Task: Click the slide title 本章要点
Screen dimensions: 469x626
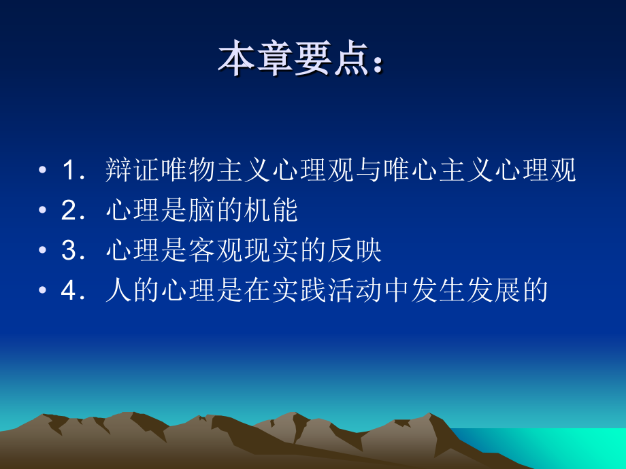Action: point(293,60)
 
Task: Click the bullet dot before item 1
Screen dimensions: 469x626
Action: point(43,171)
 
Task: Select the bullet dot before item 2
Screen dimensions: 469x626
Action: point(43,211)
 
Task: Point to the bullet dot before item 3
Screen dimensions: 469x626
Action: point(43,251)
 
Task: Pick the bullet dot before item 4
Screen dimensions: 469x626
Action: point(43,291)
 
